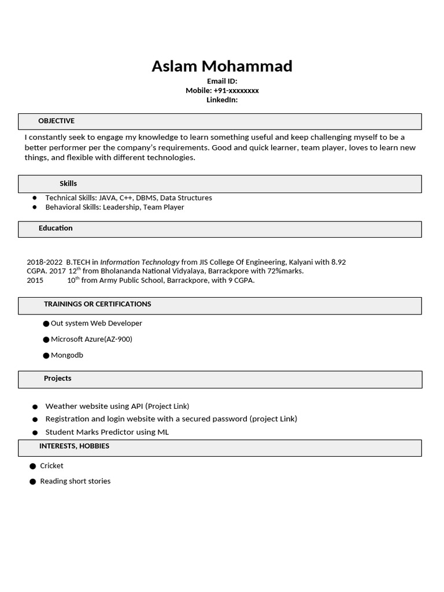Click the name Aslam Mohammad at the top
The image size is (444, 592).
[x=222, y=66]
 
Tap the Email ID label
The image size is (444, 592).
[x=222, y=82]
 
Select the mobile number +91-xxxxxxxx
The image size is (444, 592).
[x=236, y=91]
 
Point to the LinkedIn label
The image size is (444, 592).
[x=222, y=100]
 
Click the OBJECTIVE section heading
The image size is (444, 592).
[x=56, y=121]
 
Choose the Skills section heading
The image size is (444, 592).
[x=68, y=183]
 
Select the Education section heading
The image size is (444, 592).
[x=55, y=228]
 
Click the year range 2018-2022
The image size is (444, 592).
[x=45, y=262]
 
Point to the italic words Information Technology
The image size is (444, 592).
[x=139, y=262]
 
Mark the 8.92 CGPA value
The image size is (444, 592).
[x=338, y=262]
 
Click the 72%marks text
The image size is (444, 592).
[x=284, y=271]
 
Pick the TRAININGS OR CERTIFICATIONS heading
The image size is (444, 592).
[x=97, y=304]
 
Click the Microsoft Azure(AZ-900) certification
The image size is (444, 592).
[x=91, y=339]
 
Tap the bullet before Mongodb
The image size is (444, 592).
[x=46, y=356]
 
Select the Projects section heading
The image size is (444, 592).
[x=57, y=378]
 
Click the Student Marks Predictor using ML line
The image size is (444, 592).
[x=107, y=432]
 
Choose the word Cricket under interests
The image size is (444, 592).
[x=51, y=465]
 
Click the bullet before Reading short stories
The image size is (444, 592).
[x=33, y=482]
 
